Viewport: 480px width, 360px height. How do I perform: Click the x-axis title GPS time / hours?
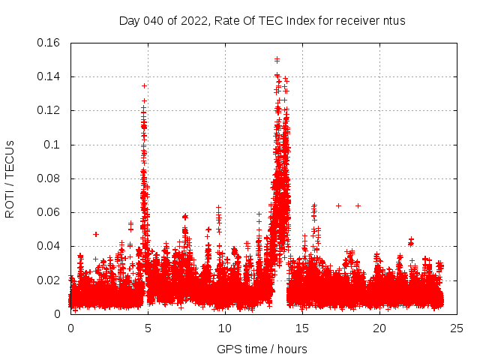262,349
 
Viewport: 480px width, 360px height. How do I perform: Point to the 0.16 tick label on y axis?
49,43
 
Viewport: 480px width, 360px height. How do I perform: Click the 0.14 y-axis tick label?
49,76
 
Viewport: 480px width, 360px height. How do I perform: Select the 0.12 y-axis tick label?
49,110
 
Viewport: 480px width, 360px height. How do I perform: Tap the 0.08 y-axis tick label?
49,178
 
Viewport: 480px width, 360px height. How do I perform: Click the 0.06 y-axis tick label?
49,212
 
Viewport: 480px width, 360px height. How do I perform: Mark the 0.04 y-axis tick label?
49,246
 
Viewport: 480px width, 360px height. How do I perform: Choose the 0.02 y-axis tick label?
49,280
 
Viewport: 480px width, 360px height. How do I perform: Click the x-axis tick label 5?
148,328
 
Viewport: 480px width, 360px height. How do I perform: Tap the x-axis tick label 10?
225,328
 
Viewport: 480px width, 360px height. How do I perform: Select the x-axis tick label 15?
302,328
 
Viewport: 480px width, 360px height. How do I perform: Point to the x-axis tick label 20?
379,328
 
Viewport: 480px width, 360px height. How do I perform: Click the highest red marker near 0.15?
277,59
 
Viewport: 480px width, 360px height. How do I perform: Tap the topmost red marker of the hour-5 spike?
144,85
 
